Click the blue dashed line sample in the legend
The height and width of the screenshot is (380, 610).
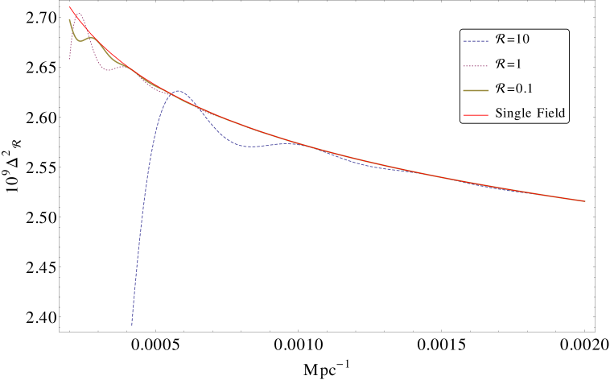pyautogui.click(x=476, y=41)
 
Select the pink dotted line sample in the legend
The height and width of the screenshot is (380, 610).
pyautogui.click(x=476, y=66)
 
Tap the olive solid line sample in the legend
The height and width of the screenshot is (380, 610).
pyautogui.click(x=476, y=90)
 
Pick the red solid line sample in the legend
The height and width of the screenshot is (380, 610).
pyautogui.click(x=476, y=115)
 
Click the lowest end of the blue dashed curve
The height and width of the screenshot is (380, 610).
pyautogui.click(x=132, y=324)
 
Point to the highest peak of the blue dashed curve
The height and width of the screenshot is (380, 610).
pyautogui.click(x=178, y=91)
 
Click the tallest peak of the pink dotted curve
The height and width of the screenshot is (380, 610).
pyautogui.click(x=78, y=13)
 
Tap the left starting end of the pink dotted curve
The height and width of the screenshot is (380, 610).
pyautogui.click(x=69, y=59)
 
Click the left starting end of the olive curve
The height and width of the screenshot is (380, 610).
pyautogui.click(x=69, y=20)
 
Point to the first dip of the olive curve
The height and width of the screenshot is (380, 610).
pyautogui.click(x=79, y=40)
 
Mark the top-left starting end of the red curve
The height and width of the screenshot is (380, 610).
pyautogui.click(x=70, y=7)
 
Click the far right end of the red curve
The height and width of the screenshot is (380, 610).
pyautogui.click(x=584, y=200)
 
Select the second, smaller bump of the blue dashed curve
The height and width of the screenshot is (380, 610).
pyautogui.click(x=287, y=142)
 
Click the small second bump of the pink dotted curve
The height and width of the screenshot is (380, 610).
pyautogui.click(x=127, y=66)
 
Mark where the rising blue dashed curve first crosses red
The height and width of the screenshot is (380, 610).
pyautogui.click(x=167, y=95)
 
